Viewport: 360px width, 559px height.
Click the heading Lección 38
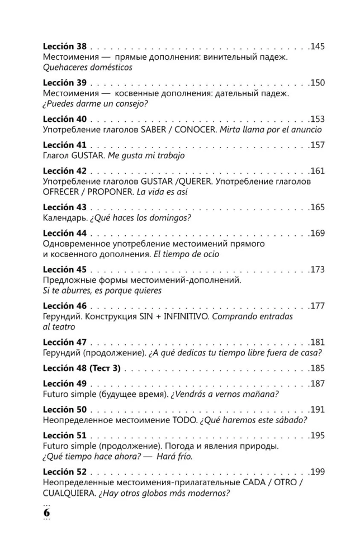click(65, 46)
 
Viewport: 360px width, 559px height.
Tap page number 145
click(317, 46)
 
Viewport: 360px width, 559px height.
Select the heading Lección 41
click(65, 145)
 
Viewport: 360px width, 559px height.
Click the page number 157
click(317, 145)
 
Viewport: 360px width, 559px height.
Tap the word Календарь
click(65, 219)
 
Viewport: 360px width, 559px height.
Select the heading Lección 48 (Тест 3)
click(82, 368)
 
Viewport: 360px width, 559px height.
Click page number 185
click(317, 368)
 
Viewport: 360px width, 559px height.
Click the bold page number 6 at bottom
click(47, 512)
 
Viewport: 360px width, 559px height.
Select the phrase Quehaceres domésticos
click(88, 67)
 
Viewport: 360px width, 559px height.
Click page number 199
click(317, 472)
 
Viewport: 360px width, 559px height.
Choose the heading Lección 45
click(65, 269)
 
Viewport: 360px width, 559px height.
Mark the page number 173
click(317, 269)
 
